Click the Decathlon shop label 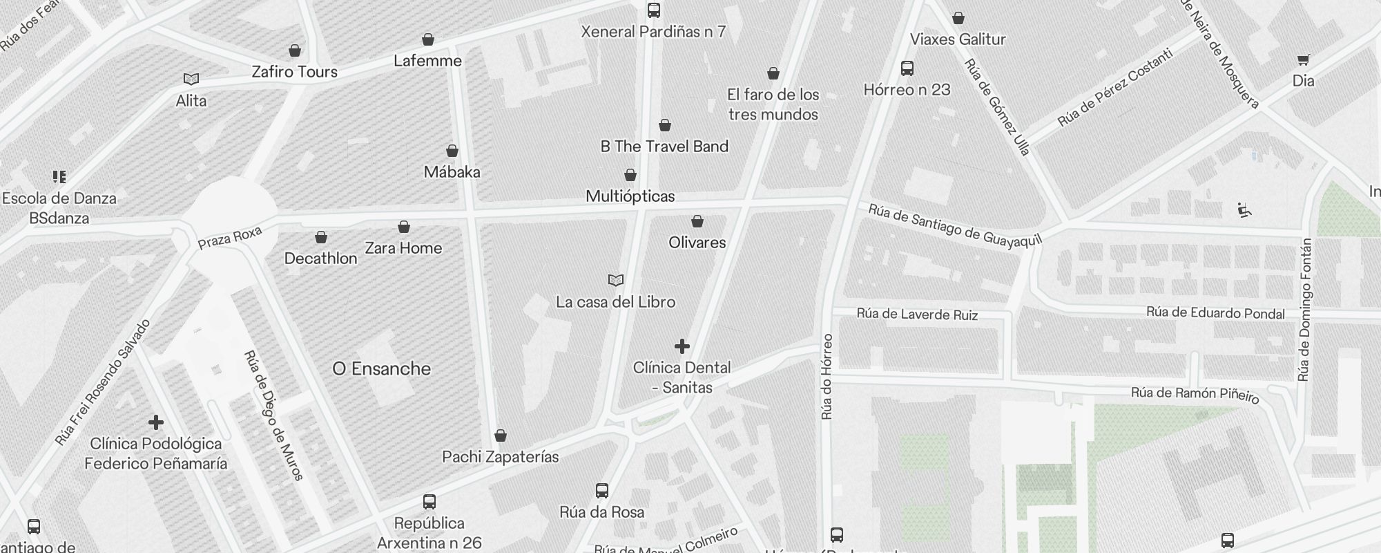tap(320, 259)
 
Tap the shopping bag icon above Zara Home tap(404, 227)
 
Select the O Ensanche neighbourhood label tap(381, 369)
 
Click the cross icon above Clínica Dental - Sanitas tap(682, 346)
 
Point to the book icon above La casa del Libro tap(616, 280)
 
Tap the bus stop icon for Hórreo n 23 tap(907, 68)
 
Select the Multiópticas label tap(630, 196)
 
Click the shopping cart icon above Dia tap(1303, 60)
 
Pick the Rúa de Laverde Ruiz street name tap(917, 315)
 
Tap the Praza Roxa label tap(230, 238)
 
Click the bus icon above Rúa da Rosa tap(602, 491)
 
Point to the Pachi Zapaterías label tap(500, 457)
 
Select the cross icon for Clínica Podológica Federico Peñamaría tap(156, 422)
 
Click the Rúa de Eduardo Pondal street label tap(1215, 312)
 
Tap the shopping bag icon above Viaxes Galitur tap(958, 18)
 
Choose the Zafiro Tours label tap(294, 72)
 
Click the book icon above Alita tap(191, 79)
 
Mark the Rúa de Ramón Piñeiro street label tap(1195, 395)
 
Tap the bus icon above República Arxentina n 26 tap(429, 502)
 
